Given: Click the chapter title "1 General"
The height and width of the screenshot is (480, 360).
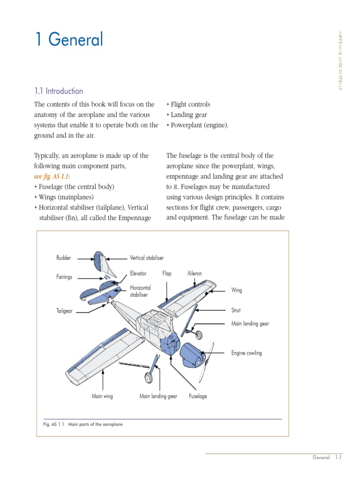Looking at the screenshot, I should [69, 40].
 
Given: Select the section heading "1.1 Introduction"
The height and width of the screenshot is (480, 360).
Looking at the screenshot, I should [59, 91].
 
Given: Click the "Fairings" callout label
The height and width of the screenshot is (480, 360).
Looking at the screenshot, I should [64, 277].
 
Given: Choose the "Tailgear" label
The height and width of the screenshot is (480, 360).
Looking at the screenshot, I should [64, 311].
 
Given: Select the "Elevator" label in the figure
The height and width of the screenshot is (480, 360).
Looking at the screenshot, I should [138, 273].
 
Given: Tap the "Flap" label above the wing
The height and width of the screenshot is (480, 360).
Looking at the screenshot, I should [167, 273].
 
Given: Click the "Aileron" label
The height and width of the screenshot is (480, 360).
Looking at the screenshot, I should [194, 273].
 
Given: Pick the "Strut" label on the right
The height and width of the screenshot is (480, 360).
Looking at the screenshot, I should [236, 310].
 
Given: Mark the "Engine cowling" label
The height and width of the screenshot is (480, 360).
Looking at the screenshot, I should [247, 353].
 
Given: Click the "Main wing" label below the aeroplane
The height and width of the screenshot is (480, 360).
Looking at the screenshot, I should [102, 396].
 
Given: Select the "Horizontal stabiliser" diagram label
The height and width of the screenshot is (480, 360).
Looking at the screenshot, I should [140, 291].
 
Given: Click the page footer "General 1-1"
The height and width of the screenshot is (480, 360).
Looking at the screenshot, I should [326, 457].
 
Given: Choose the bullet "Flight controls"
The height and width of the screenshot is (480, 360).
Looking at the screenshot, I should [190, 105].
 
